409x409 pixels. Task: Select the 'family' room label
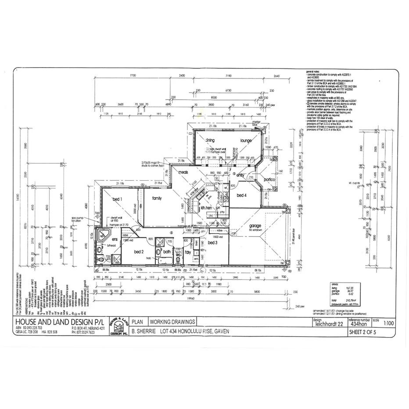point(157,198)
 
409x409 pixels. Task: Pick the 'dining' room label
point(209,140)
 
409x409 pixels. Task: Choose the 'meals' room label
point(183,172)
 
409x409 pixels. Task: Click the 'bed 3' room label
point(213,242)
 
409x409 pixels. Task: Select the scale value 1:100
point(388,324)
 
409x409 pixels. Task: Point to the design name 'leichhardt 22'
point(329,324)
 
